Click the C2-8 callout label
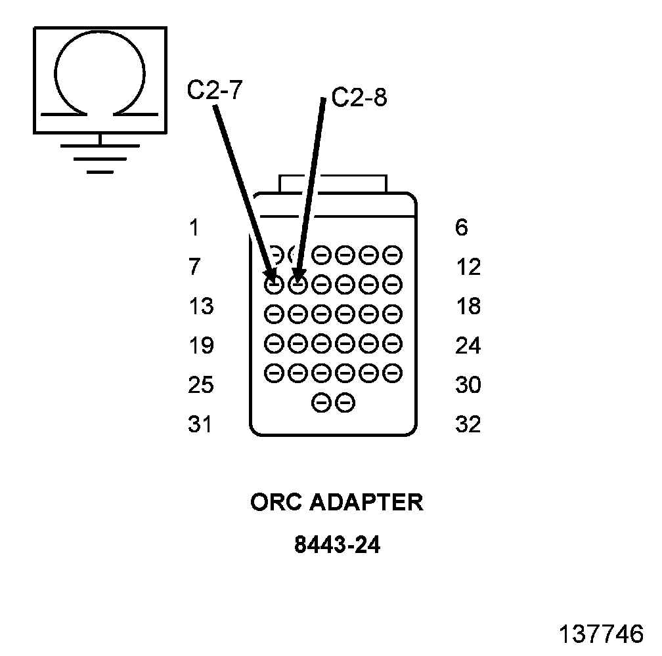click(x=359, y=98)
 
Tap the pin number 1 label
click(x=193, y=228)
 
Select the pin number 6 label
click(x=461, y=228)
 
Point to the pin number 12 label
click(x=468, y=268)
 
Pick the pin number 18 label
click(x=468, y=306)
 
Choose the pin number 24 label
click(x=468, y=346)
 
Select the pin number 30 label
click(x=468, y=385)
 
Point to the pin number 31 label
click(x=200, y=424)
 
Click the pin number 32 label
click(x=468, y=424)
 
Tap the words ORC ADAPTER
click(x=337, y=502)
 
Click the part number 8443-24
click(x=337, y=545)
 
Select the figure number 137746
click(x=601, y=634)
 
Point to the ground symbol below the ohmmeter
click(x=100, y=157)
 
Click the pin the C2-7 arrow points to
click(x=275, y=285)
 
